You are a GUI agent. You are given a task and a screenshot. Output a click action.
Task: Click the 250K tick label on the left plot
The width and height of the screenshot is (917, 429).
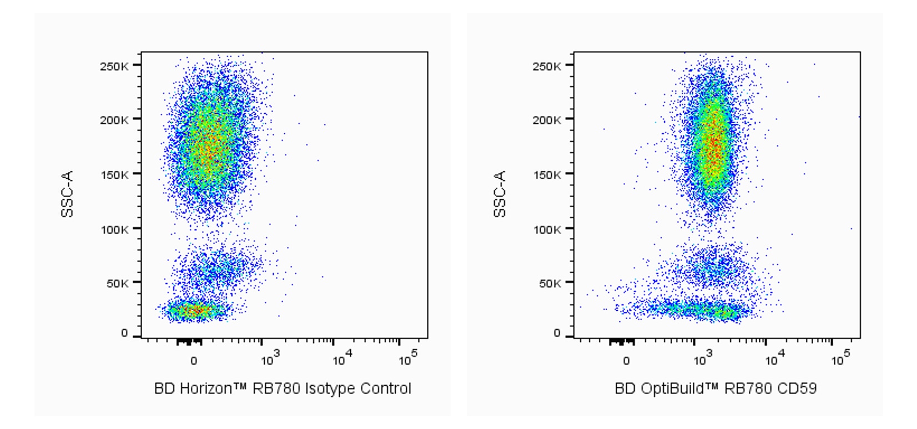tap(114, 66)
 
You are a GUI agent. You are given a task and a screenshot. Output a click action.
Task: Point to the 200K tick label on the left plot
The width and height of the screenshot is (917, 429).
tap(114, 120)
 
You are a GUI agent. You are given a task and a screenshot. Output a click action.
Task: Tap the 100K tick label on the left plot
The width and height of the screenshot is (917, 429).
tap(114, 229)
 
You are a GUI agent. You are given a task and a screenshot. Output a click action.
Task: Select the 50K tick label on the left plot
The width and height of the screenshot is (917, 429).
tap(117, 283)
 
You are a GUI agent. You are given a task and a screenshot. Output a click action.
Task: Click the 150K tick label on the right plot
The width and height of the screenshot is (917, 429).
tap(547, 175)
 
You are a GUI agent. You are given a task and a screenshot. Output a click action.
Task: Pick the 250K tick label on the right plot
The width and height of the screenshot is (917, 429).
tap(547, 66)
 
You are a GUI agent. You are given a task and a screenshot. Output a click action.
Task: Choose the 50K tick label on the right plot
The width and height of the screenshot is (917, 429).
tap(549, 283)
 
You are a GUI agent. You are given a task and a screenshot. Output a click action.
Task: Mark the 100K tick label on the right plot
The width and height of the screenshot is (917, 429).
tap(547, 229)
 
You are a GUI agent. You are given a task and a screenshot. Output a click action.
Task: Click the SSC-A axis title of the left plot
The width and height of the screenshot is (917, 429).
tap(67, 194)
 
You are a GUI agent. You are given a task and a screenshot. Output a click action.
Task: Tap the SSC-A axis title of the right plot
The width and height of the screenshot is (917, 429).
tap(500, 194)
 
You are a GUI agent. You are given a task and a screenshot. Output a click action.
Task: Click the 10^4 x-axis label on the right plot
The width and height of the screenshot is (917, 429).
tap(773, 360)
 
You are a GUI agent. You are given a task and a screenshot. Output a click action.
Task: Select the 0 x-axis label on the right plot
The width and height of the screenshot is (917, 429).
tap(626, 361)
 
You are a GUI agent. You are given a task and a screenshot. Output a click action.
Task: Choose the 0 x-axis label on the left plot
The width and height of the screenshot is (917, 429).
tap(194, 361)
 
